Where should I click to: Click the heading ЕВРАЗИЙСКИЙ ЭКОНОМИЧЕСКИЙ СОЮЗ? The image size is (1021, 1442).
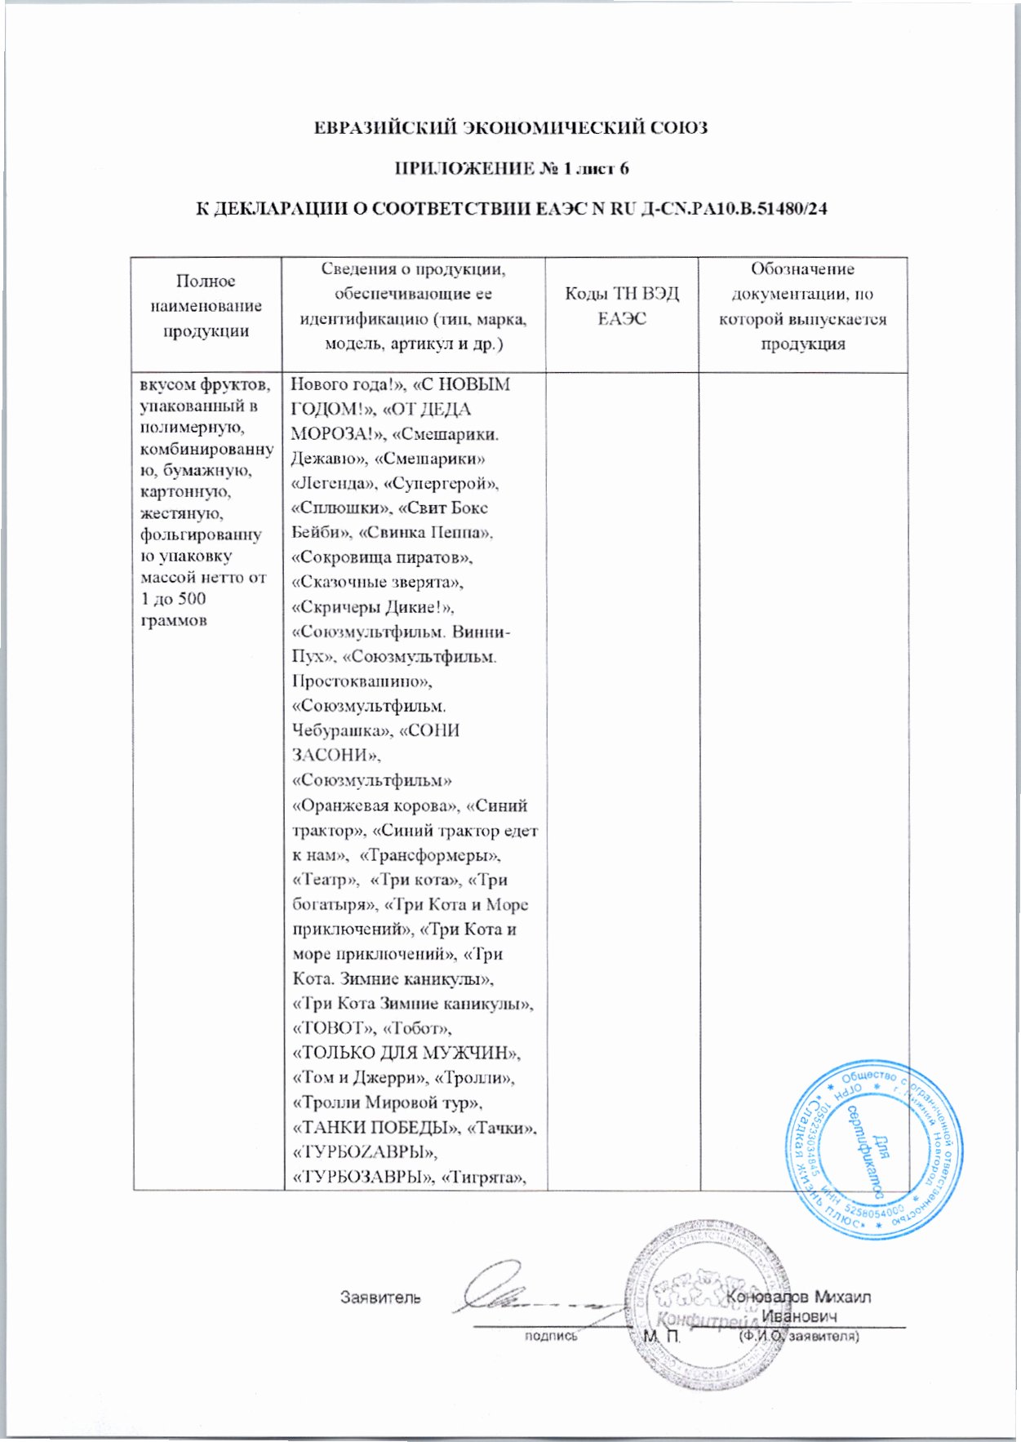point(511,127)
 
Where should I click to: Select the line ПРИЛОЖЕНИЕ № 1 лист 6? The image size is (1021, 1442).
point(511,168)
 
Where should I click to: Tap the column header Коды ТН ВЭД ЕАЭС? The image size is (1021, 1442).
point(622,306)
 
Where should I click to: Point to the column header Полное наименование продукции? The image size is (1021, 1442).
point(206,306)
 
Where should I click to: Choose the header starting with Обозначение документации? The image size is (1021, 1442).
point(802,306)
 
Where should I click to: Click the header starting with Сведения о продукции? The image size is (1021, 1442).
point(413,306)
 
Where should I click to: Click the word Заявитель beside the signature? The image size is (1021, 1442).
point(380,1297)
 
